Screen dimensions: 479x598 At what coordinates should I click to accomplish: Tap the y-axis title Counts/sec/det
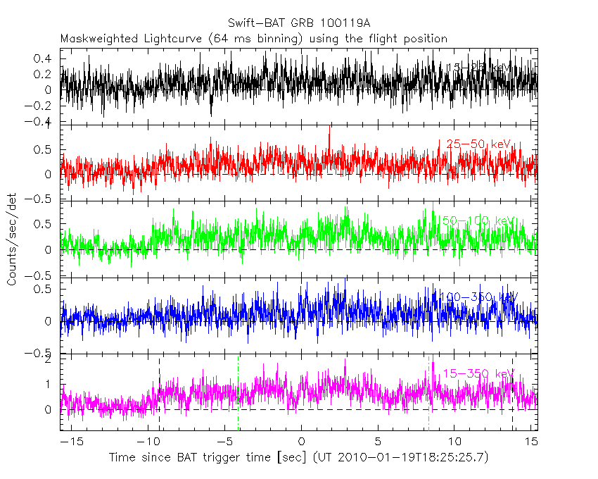[x=12, y=240]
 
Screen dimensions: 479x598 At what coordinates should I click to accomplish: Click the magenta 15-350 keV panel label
[x=475, y=373]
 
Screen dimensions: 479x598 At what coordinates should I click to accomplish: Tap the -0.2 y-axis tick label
[x=43, y=106]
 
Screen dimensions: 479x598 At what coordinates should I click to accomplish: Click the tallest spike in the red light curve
[x=329, y=127]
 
